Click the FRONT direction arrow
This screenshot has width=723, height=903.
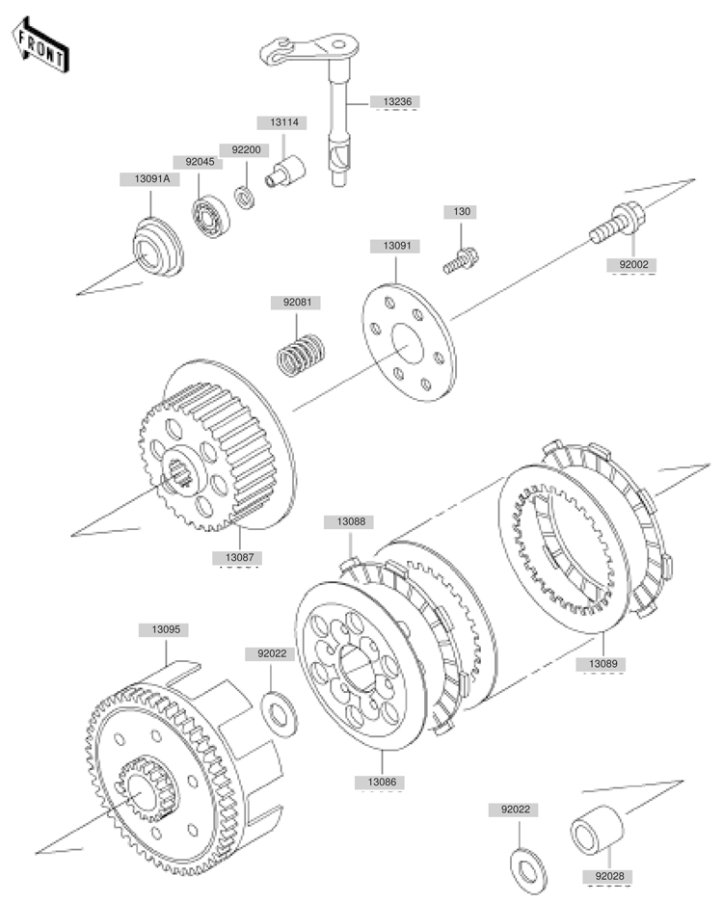(40, 45)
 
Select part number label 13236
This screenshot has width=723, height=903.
(397, 102)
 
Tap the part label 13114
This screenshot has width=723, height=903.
(284, 122)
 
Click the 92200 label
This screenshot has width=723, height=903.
(246, 150)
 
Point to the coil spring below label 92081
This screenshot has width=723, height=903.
(300, 356)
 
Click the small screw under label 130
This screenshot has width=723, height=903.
(461, 260)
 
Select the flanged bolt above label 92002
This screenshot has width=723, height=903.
(617, 224)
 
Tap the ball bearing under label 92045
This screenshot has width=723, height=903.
(210, 217)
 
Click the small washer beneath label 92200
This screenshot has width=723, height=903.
(246, 197)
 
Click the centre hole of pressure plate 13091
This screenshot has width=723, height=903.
(408, 344)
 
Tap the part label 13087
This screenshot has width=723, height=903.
(240, 558)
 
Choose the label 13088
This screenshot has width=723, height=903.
(351, 521)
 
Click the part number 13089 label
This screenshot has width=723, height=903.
(602, 664)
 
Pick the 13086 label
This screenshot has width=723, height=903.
(382, 783)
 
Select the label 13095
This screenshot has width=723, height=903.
(166, 630)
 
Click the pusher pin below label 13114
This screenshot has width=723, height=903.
(285, 171)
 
